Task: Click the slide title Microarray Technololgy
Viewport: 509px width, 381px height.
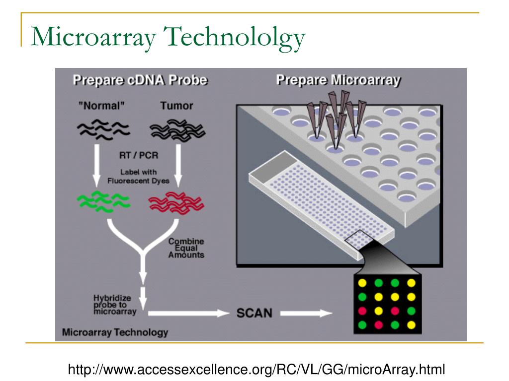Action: click(168, 37)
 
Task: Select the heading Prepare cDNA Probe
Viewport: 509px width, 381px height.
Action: click(140, 80)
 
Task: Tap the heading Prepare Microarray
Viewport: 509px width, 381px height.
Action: click(339, 80)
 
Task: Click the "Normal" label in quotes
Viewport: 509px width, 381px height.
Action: click(101, 106)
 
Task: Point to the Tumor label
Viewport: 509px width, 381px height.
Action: click(176, 106)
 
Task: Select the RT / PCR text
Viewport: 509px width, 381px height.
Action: click(139, 155)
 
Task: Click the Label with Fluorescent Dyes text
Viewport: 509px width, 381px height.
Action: click(138, 177)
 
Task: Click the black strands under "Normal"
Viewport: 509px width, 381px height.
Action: click(102, 129)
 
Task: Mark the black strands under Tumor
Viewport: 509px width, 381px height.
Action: click(177, 129)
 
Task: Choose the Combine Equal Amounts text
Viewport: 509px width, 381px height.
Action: click(186, 248)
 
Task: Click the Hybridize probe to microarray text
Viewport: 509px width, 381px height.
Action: click(112, 305)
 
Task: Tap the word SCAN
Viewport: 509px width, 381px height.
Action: click(254, 313)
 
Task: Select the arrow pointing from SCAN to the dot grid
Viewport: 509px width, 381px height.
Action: click(305, 313)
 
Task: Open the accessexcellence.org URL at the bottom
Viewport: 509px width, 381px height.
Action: click(256, 369)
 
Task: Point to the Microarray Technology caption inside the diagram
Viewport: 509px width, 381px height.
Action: click(115, 332)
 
